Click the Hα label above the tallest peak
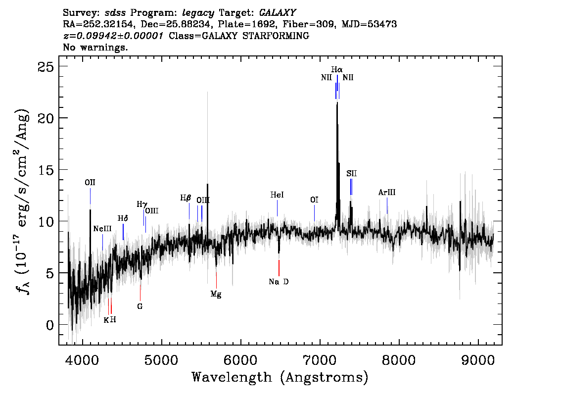click(337, 69)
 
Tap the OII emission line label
click(90, 183)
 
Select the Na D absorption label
click(279, 282)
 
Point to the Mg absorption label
click(216, 294)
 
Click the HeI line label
click(277, 195)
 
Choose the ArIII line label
click(387, 192)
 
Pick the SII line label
click(351, 174)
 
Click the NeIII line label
click(102, 229)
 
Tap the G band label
click(140, 306)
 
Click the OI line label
click(314, 200)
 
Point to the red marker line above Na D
click(279, 268)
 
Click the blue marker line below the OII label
click(90, 196)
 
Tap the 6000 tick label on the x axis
click(241, 360)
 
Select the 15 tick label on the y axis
click(46, 170)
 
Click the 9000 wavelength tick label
click(477, 360)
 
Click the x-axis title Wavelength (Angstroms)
click(280, 377)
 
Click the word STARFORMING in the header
click(276, 36)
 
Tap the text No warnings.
click(95, 47)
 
